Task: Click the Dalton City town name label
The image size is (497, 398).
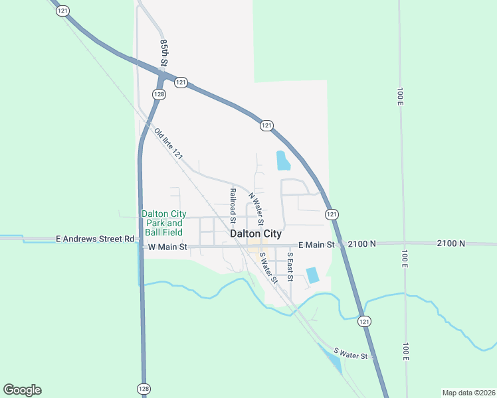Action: click(x=256, y=234)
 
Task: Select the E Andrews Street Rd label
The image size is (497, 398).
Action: click(x=95, y=238)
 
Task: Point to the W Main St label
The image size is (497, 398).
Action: click(x=168, y=247)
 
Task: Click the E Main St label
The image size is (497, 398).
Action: click(x=316, y=245)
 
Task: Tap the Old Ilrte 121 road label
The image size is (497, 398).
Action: click(x=168, y=143)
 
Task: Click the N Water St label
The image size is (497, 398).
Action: click(x=256, y=208)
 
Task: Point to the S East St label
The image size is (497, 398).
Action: click(x=290, y=266)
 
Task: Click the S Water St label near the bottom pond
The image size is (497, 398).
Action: click(x=350, y=354)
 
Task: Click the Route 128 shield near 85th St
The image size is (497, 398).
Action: click(x=159, y=94)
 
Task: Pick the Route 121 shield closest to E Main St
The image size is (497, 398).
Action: click(x=332, y=214)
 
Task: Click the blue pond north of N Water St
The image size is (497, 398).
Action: click(x=282, y=160)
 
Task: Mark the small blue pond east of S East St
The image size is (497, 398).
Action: click(x=312, y=275)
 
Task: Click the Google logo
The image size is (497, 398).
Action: click(x=22, y=390)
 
